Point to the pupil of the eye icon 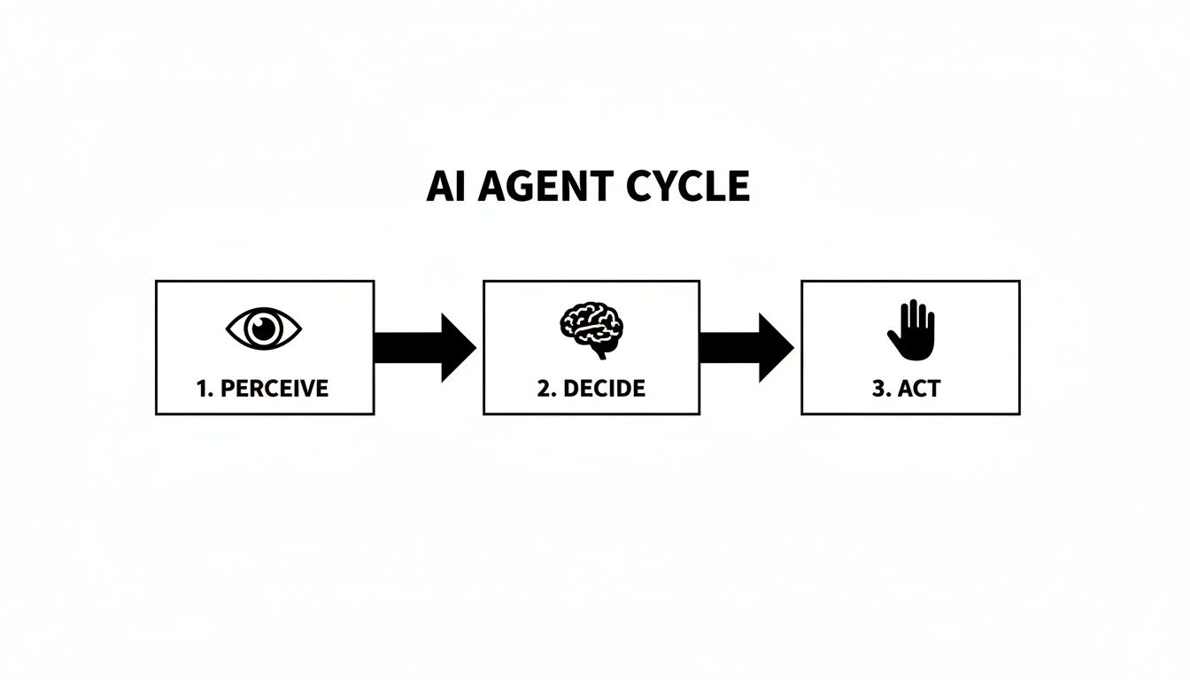point(264,330)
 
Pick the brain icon point(591,328)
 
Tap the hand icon point(910,329)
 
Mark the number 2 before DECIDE point(544,388)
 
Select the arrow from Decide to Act point(746,348)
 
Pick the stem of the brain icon point(601,352)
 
